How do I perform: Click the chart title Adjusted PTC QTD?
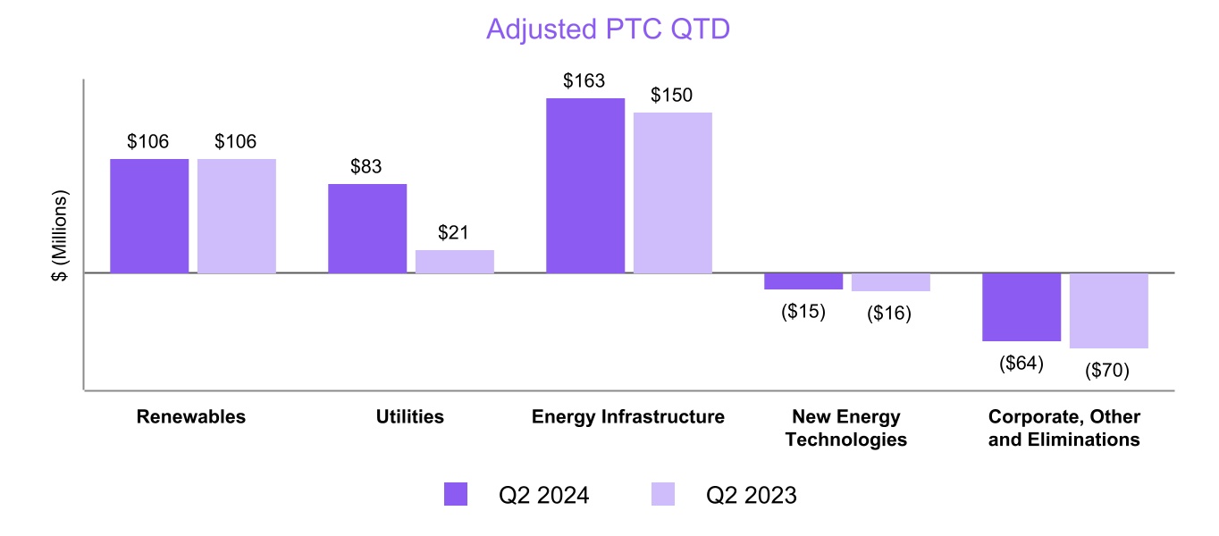click(x=608, y=29)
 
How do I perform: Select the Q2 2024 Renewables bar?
click(x=149, y=215)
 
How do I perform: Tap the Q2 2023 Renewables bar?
click(x=237, y=215)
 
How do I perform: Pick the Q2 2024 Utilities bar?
click(x=367, y=228)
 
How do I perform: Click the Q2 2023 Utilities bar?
click(x=455, y=261)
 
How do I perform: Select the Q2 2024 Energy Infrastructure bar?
click(x=585, y=185)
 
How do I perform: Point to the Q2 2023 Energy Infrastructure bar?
click(x=673, y=192)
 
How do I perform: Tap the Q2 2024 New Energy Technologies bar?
click(x=803, y=281)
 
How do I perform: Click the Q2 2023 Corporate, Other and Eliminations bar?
click(x=1109, y=310)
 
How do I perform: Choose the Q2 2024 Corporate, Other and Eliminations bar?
click(x=1021, y=306)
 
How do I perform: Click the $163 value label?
click(x=584, y=80)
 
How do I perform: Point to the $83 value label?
click(x=366, y=166)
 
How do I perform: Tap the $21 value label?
click(x=455, y=233)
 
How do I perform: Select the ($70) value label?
click(x=1107, y=369)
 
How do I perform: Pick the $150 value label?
click(x=672, y=95)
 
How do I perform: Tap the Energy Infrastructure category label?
click(x=628, y=417)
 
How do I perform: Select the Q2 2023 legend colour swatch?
click(x=662, y=494)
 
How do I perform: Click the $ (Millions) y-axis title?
click(x=60, y=236)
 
